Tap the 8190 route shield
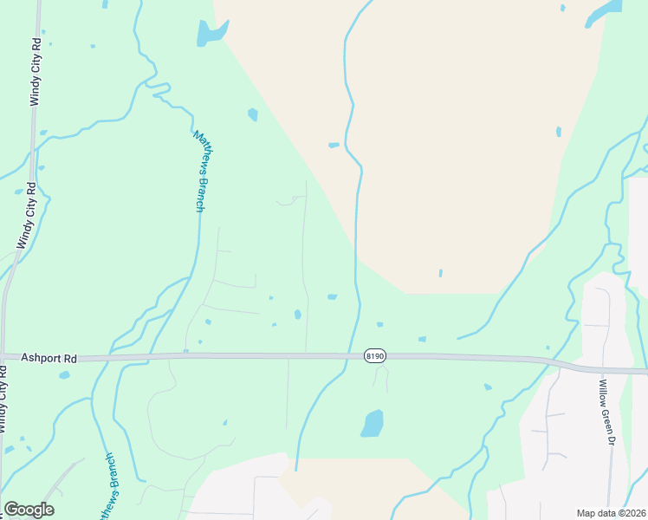click(x=374, y=355)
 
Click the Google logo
click(x=29, y=510)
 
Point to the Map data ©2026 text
click(x=611, y=513)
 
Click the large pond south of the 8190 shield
click(x=372, y=423)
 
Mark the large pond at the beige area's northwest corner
click(x=210, y=33)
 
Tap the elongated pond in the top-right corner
click(x=604, y=13)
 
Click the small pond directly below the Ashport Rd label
click(x=64, y=375)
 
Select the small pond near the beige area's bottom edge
click(x=440, y=273)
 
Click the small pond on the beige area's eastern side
click(x=558, y=132)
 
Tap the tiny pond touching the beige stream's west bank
click(x=334, y=145)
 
